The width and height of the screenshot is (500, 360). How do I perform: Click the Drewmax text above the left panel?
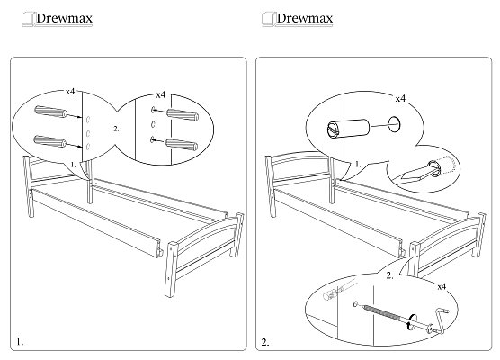click(x=64, y=18)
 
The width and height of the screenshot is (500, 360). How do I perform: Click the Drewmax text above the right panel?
click(x=305, y=18)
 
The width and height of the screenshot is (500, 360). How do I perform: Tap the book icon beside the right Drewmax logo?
click(x=269, y=19)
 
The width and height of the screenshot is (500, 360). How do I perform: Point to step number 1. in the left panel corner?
click(x=20, y=342)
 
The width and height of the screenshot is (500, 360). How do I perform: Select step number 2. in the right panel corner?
click(x=265, y=342)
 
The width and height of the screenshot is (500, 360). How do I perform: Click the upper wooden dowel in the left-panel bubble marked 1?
click(x=50, y=112)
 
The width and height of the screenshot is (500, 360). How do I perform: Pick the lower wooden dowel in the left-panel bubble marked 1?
click(x=49, y=141)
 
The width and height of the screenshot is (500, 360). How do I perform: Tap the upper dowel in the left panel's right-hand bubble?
click(x=183, y=115)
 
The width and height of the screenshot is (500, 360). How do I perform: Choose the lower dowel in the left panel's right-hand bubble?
click(x=182, y=145)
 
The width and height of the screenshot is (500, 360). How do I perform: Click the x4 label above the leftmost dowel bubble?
click(x=70, y=92)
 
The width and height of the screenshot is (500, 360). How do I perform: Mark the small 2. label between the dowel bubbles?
click(x=116, y=129)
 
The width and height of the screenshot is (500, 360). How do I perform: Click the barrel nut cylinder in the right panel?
click(x=348, y=129)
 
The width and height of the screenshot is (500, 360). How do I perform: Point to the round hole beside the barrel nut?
click(x=394, y=124)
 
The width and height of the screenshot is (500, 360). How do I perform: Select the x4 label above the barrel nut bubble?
click(x=400, y=99)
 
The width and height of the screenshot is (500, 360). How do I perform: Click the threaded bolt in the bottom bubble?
click(x=383, y=312)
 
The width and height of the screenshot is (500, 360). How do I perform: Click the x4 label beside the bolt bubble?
click(x=442, y=286)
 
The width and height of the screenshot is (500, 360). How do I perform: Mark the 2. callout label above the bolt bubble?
click(x=389, y=275)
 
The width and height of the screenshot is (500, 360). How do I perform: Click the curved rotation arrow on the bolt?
click(x=410, y=321)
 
